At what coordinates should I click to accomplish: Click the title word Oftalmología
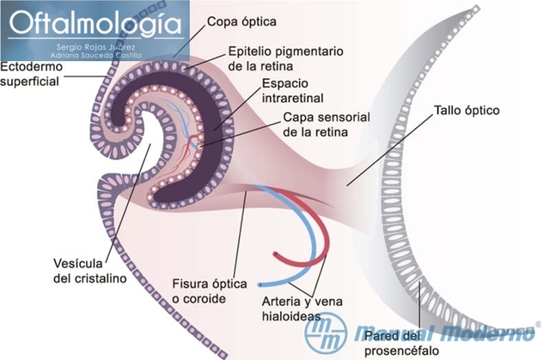point(95,22)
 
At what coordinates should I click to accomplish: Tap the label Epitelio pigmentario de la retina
point(274,58)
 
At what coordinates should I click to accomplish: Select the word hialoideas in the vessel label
point(291,315)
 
